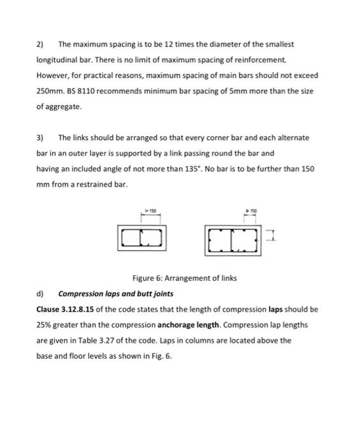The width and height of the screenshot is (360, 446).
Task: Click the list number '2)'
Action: pos(40,45)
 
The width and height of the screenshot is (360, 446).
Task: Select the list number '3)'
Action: pos(40,138)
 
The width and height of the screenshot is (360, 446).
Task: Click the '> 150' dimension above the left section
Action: pos(150,208)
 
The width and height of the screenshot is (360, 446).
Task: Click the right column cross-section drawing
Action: pos(231,238)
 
